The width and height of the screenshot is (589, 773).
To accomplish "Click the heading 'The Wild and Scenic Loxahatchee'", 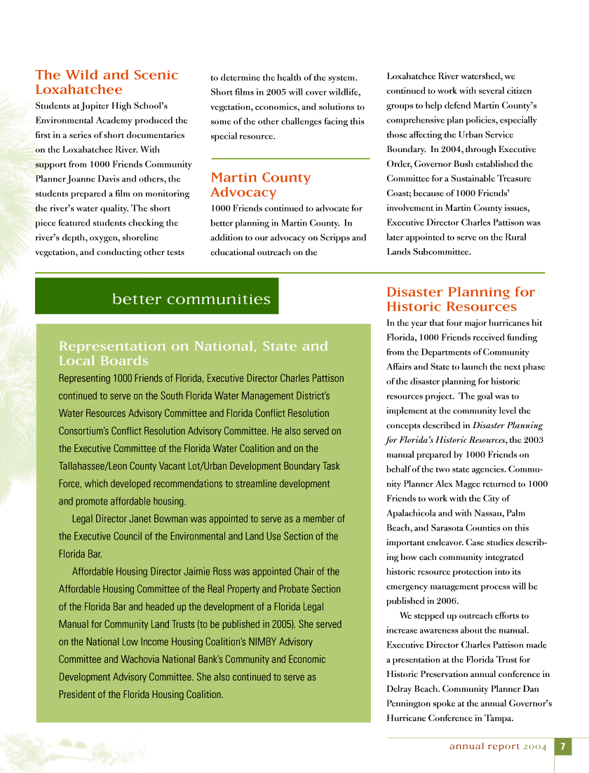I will coord(107,82).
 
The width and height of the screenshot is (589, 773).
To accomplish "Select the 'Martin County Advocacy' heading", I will coord(260,184).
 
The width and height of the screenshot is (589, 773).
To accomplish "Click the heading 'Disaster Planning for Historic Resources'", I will coord(460,299).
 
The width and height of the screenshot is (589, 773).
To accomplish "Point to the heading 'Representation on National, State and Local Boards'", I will coord(193,353).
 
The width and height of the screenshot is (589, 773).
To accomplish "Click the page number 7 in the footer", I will coord(562,746).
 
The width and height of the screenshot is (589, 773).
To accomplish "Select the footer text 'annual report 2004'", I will coord(498,746).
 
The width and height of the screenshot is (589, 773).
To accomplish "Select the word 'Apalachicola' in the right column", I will coord(411,513).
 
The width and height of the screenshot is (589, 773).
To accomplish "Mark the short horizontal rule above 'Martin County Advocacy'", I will coord(290,159).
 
